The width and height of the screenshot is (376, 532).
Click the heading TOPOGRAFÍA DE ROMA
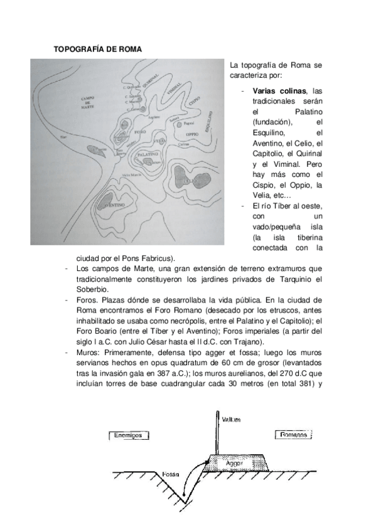tap(98, 48)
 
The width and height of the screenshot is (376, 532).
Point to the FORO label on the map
tap(139, 133)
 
